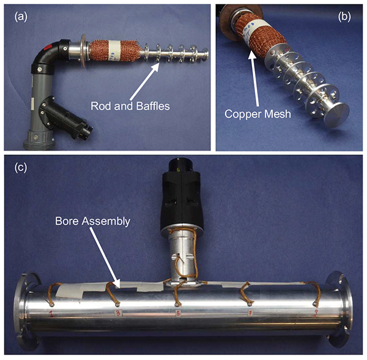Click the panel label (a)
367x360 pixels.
[x=21, y=17]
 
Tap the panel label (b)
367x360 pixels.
[x=344, y=17]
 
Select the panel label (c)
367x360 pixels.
[x=21, y=168]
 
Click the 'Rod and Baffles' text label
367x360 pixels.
[x=130, y=106]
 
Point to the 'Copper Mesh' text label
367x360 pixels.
[x=258, y=114]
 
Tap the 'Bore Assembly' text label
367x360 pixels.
[x=93, y=221]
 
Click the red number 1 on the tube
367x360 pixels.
[x=51, y=313]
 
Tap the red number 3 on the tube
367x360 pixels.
[x=118, y=313]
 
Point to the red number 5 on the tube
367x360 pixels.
[x=179, y=313]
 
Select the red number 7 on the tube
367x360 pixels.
[x=250, y=313]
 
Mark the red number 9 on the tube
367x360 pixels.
[x=316, y=313]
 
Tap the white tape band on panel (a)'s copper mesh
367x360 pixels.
[x=115, y=51]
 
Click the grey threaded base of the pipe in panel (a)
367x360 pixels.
[x=39, y=140]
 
